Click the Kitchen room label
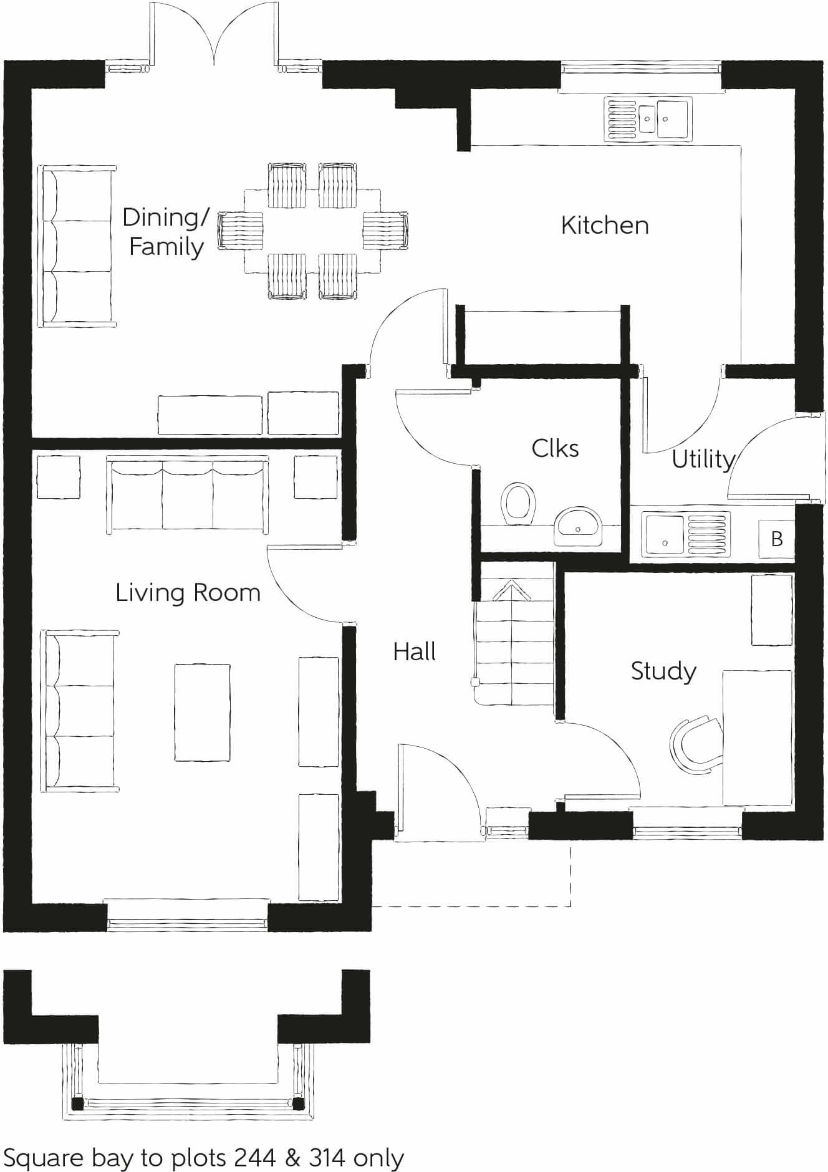coord(605,225)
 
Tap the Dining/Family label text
coord(166,232)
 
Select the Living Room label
coord(188,592)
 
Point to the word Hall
coord(414,652)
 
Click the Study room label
coord(663,671)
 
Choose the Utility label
coord(703,459)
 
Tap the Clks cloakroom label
coord(555,448)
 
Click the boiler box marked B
coord(776,539)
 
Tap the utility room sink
coord(685,535)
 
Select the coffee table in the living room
coord(202,713)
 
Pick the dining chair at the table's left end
coord(241,230)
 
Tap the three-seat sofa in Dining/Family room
coord(78,246)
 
